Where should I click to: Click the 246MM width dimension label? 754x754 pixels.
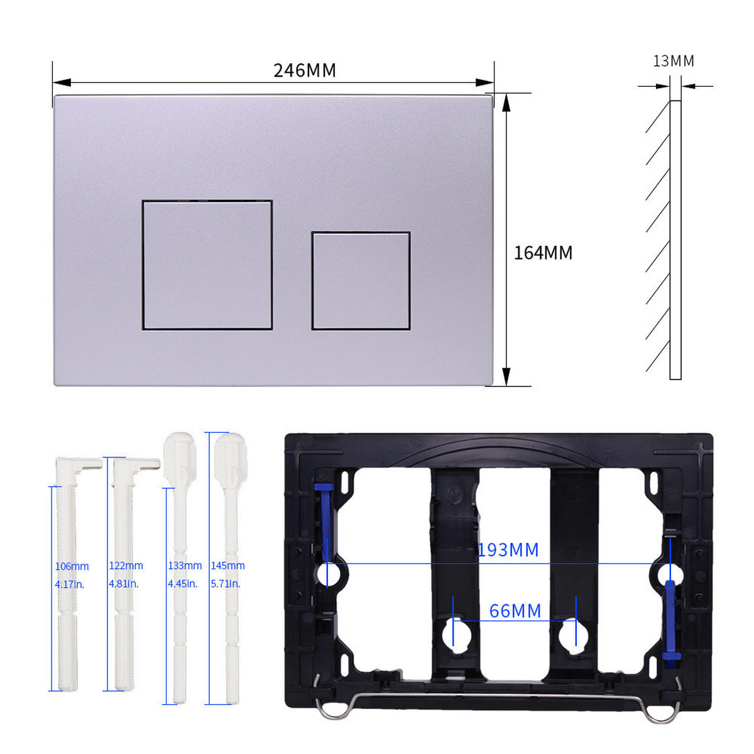coord(304,70)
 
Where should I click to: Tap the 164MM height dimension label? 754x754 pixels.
coord(543,253)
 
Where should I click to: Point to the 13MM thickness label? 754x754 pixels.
coord(674,61)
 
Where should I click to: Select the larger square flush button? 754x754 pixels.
coord(207,265)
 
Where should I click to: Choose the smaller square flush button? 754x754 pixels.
coord(361,280)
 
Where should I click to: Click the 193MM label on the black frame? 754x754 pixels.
coord(508,550)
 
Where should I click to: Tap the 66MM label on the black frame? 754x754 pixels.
coord(515,611)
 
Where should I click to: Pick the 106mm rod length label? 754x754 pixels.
coord(72,566)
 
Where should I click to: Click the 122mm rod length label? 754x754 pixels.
coord(126,565)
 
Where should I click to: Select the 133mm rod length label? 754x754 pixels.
coord(185,565)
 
